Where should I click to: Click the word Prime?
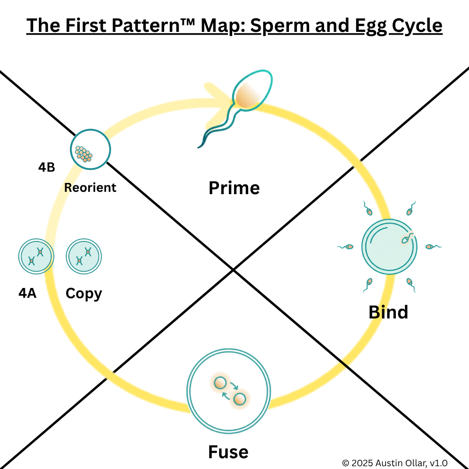pos(234,188)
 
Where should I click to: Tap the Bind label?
pos(388,312)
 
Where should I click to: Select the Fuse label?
pos(228,452)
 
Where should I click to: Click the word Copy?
pos(83,294)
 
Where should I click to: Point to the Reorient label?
pos(90,188)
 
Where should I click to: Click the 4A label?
pos(28,294)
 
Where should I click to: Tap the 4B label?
pos(47,167)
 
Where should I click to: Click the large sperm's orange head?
pos(246,96)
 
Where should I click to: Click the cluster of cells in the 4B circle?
pos(83,153)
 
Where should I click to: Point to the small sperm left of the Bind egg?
pos(348,246)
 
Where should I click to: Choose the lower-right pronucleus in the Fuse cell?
pos(240,399)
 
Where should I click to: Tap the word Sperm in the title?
pos(274,25)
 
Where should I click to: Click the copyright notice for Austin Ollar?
pos(394,463)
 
